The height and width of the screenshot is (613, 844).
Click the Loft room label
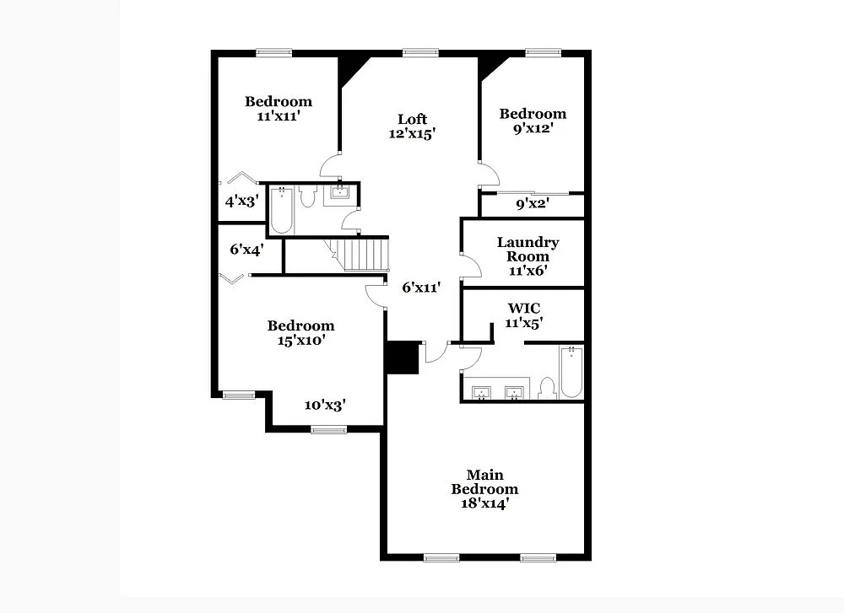point(413,119)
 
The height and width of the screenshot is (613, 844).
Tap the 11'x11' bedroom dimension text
point(279,116)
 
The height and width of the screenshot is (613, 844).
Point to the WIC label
point(524,308)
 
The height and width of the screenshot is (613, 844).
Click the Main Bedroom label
point(484,482)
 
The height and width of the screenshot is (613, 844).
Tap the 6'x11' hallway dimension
point(421,288)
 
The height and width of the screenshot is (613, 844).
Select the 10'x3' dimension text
point(325,405)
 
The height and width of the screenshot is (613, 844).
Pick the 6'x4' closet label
point(246,250)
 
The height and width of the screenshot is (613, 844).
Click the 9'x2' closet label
point(532,203)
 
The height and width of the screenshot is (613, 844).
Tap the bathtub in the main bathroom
point(571,373)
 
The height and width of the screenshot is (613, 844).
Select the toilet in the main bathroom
point(546,388)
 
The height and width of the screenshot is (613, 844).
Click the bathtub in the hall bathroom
point(281,211)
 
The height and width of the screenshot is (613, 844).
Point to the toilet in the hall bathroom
point(307,196)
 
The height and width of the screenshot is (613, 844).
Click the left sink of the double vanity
point(482,392)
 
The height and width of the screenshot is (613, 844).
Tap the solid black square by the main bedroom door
point(403,357)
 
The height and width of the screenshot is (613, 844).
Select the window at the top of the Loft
point(420,52)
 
